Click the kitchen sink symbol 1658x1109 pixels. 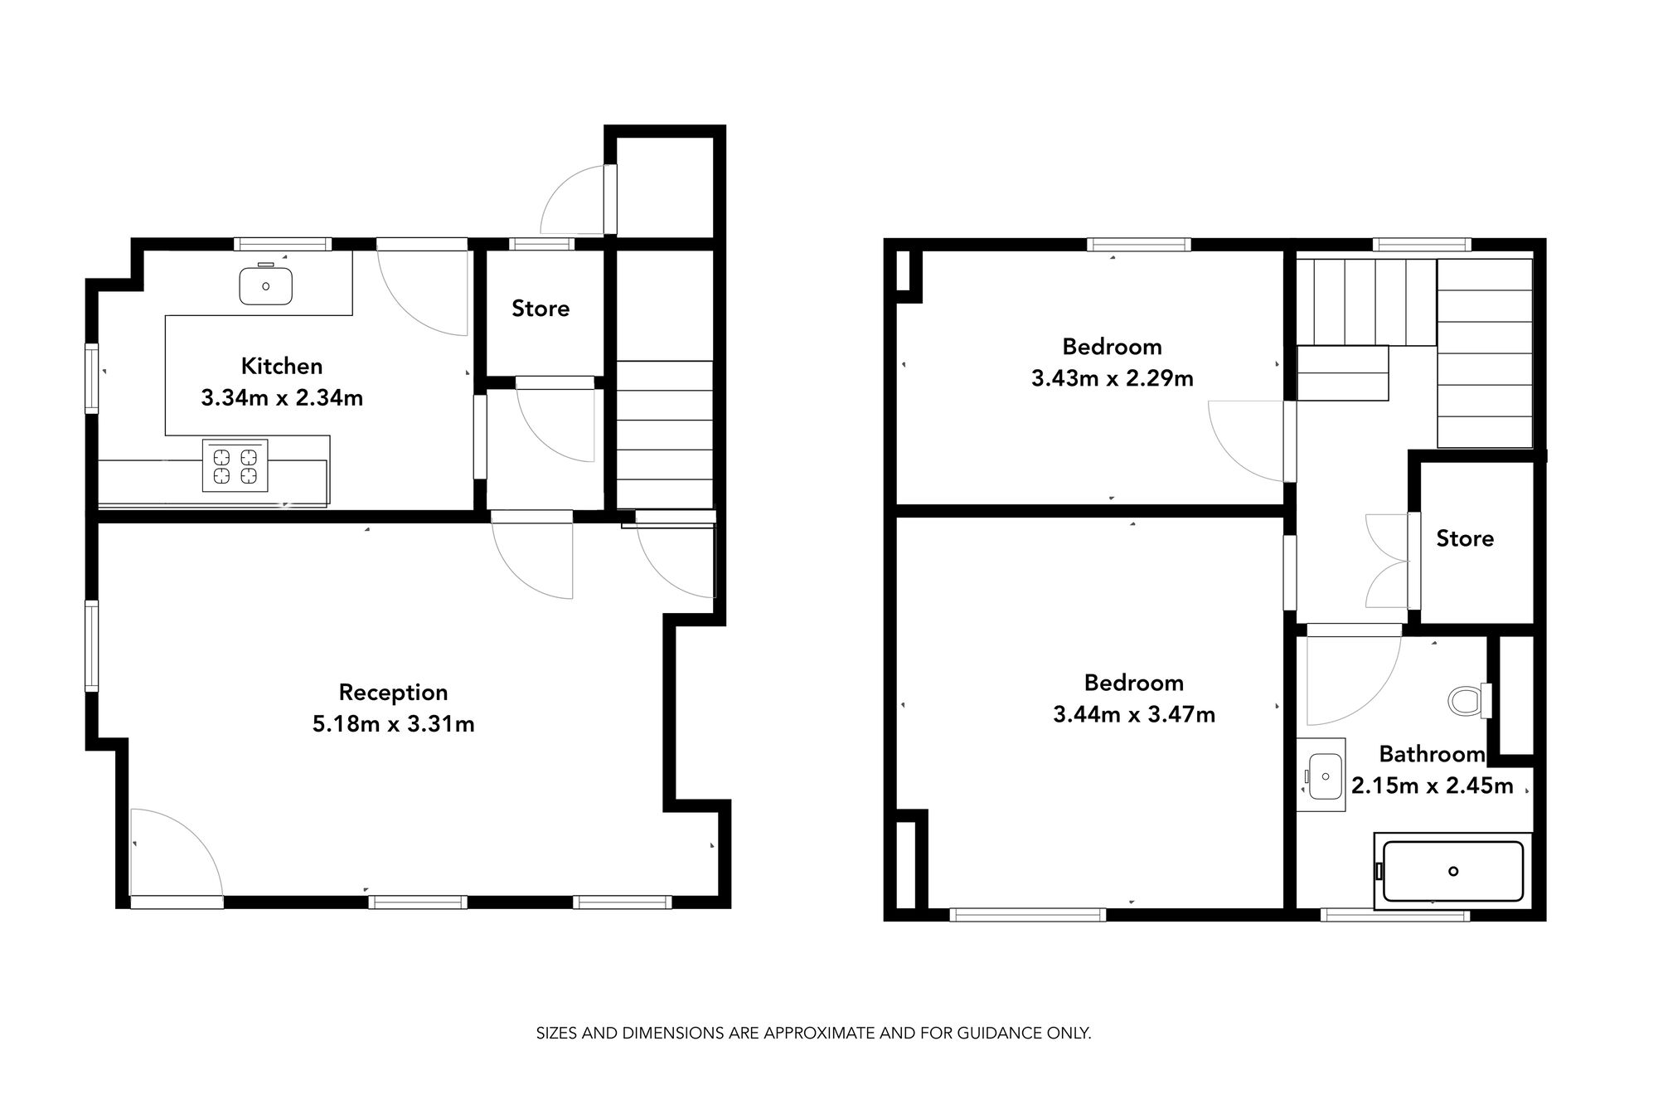[x=265, y=285]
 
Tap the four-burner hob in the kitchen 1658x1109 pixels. [x=235, y=465]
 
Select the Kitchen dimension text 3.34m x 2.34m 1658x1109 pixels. [x=282, y=398]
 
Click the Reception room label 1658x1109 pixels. [x=393, y=692]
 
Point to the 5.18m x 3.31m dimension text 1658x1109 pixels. [x=393, y=724]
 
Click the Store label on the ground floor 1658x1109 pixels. [x=541, y=309]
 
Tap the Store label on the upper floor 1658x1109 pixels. [x=1465, y=538]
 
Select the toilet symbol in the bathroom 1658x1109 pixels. [x=1468, y=701]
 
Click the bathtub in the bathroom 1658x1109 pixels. [x=1452, y=871]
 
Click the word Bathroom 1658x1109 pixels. [x=1432, y=754]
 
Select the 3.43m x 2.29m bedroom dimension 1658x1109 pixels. [x=1112, y=379]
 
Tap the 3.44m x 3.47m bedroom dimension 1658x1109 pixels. [x=1133, y=714]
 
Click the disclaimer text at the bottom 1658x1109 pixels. [x=813, y=1034]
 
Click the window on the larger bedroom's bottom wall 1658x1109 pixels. [x=1027, y=915]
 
